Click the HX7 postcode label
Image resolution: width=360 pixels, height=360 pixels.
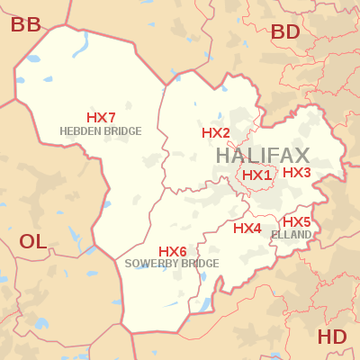coord(101,118)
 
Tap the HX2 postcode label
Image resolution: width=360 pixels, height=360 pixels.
coord(216,133)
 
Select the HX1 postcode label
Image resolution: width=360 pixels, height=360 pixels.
coord(256,175)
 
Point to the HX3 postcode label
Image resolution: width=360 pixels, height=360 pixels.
coord(297,172)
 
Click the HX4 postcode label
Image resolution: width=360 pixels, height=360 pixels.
coord(247,229)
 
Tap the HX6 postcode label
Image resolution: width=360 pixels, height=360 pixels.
coord(173,251)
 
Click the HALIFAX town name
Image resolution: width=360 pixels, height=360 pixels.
coord(263,155)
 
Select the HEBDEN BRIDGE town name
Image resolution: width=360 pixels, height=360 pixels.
coord(101,131)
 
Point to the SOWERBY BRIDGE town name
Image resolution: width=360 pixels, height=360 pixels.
coord(172,264)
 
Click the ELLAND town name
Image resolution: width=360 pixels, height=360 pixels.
coord(291,235)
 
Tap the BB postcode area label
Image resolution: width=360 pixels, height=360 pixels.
coord(26,24)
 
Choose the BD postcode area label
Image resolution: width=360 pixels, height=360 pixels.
coord(285,32)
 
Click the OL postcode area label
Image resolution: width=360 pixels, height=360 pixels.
coord(32,241)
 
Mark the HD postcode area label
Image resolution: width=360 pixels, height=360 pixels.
coord(332,337)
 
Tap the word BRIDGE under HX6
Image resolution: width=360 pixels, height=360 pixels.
coord(201,264)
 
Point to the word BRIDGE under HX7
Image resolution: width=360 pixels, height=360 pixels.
coord(123,131)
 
